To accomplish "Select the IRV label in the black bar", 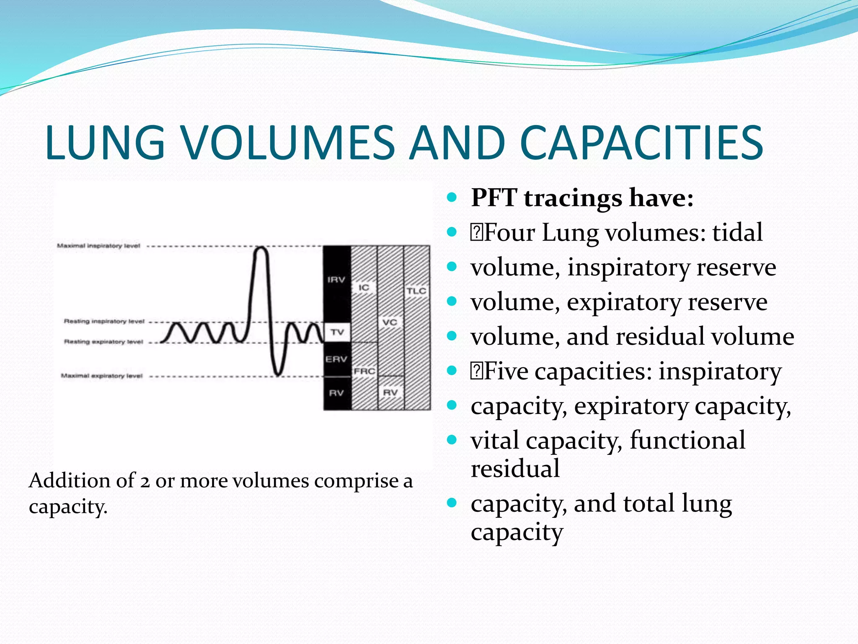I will coord(336,280).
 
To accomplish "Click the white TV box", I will coord(337,332).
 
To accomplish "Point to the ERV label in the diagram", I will coord(336,359).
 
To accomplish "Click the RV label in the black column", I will coord(336,393).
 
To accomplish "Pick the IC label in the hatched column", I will coord(364,288).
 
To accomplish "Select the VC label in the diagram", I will coord(390,322).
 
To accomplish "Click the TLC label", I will coord(416,291).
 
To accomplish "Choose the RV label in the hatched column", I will coord(390,393).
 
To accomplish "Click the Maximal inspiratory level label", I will coord(98,246).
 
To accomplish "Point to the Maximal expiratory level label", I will coord(102,376).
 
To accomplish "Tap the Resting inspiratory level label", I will coord(104,322).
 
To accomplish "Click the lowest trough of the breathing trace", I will coord(277,374).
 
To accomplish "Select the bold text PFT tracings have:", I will coord(582,197).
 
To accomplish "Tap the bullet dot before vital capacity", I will coord(451,440).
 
